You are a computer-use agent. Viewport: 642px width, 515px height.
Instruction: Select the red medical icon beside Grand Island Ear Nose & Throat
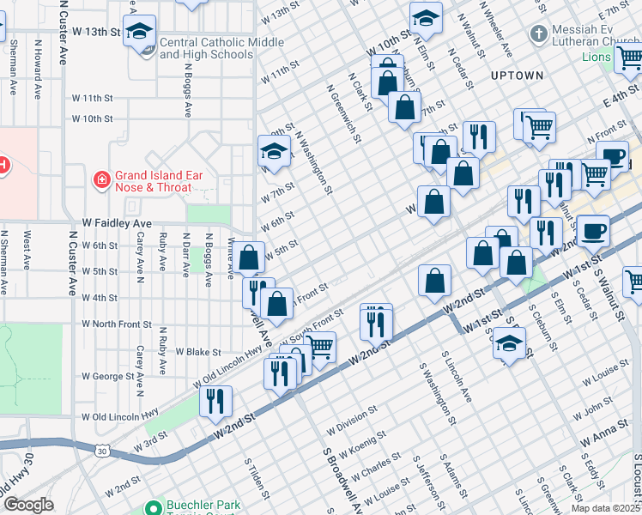[101, 179]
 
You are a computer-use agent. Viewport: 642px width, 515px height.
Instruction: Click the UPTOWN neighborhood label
[517, 76]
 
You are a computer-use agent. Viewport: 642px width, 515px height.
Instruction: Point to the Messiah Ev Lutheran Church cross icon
[538, 34]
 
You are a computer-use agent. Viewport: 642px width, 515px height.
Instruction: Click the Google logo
[27, 505]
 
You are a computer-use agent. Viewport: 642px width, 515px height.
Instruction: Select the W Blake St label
[198, 352]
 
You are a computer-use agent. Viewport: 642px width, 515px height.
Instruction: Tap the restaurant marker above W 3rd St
[215, 402]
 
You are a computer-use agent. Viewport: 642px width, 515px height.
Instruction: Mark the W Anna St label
[604, 439]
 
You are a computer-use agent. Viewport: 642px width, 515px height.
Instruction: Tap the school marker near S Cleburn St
[510, 345]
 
